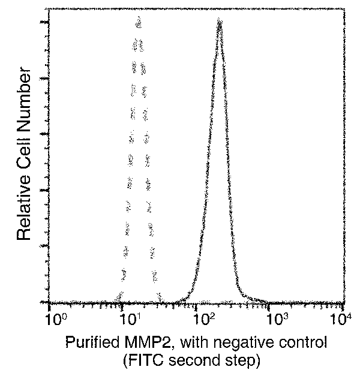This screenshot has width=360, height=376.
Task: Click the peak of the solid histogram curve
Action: (x=220, y=22)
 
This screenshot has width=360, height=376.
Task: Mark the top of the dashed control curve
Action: (x=138, y=21)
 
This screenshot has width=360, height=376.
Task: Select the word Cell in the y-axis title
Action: (x=24, y=149)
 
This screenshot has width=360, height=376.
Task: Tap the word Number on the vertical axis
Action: (x=24, y=98)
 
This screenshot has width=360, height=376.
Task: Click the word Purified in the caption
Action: (x=90, y=344)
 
